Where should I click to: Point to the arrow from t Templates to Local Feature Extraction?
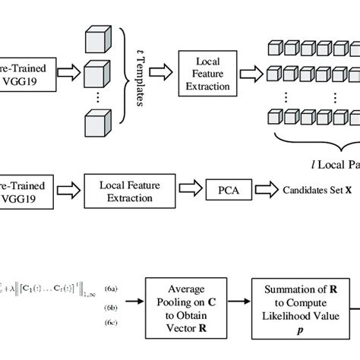160,72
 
